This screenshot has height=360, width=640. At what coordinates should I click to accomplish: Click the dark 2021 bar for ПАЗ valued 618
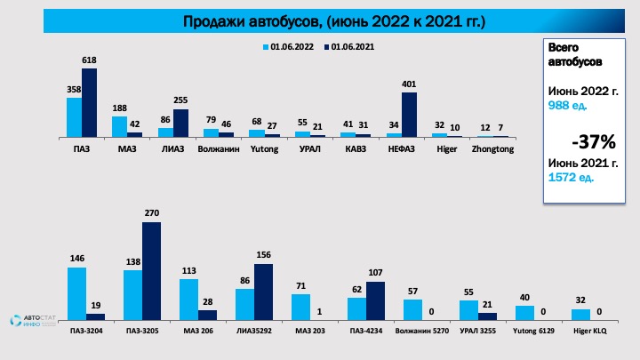[x=89, y=102]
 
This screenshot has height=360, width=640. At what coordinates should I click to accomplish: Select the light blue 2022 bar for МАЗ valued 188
[x=119, y=126]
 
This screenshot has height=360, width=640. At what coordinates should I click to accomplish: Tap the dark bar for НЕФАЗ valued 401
[x=409, y=115]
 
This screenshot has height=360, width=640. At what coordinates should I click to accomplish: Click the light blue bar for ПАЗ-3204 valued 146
[x=77, y=293]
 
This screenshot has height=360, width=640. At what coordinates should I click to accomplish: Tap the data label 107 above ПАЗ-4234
[x=375, y=273]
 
